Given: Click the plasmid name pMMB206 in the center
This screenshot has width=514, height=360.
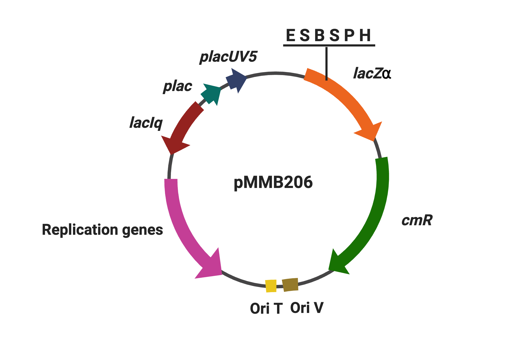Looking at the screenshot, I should pos(273,182).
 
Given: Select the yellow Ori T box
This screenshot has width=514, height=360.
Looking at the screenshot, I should pos(271,286).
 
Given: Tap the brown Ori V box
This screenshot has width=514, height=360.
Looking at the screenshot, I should pos(290,285).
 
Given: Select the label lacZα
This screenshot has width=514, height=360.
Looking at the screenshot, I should pos(372,73).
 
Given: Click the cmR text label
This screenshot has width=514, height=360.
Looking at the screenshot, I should pos(417,220).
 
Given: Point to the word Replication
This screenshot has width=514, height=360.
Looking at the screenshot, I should pos(80,230).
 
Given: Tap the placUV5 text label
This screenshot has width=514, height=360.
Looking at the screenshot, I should pos(228,57).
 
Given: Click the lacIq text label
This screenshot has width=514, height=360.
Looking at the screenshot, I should pos(146,123).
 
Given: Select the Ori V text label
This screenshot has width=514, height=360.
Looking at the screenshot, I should pos(307,308).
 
